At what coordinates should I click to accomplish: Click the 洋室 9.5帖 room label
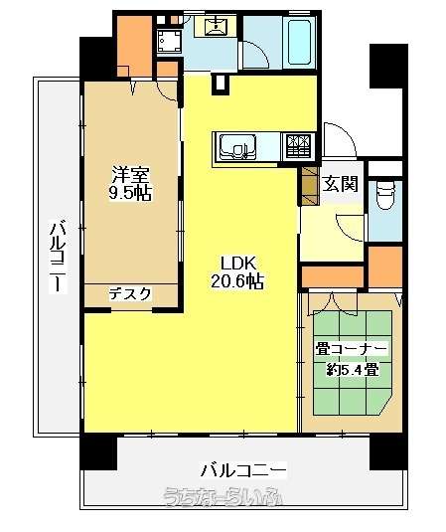click(130, 184)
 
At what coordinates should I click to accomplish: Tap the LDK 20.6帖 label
click(237, 272)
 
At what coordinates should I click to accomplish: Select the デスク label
click(130, 293)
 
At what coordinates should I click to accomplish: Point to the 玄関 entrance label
click(340, 184)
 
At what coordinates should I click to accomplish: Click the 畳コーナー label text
click(352, 349)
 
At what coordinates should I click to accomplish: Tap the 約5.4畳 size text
click(353, 369)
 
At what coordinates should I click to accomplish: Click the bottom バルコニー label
click(243, 470)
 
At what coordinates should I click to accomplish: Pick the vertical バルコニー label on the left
click(58, 257)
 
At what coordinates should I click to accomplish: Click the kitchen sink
click(237, 147)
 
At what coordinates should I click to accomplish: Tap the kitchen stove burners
click(298, 146)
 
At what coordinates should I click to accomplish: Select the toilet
click(385, 196)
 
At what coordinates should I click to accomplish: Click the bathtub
click(299, 42)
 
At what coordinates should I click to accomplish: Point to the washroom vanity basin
click(215, 26)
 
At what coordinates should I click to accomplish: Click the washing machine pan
click(169, 42)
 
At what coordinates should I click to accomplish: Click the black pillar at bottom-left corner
click(98, 451)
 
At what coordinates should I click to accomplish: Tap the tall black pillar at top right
click(388, 66)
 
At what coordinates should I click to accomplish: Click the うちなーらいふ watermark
click(223, 498)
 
